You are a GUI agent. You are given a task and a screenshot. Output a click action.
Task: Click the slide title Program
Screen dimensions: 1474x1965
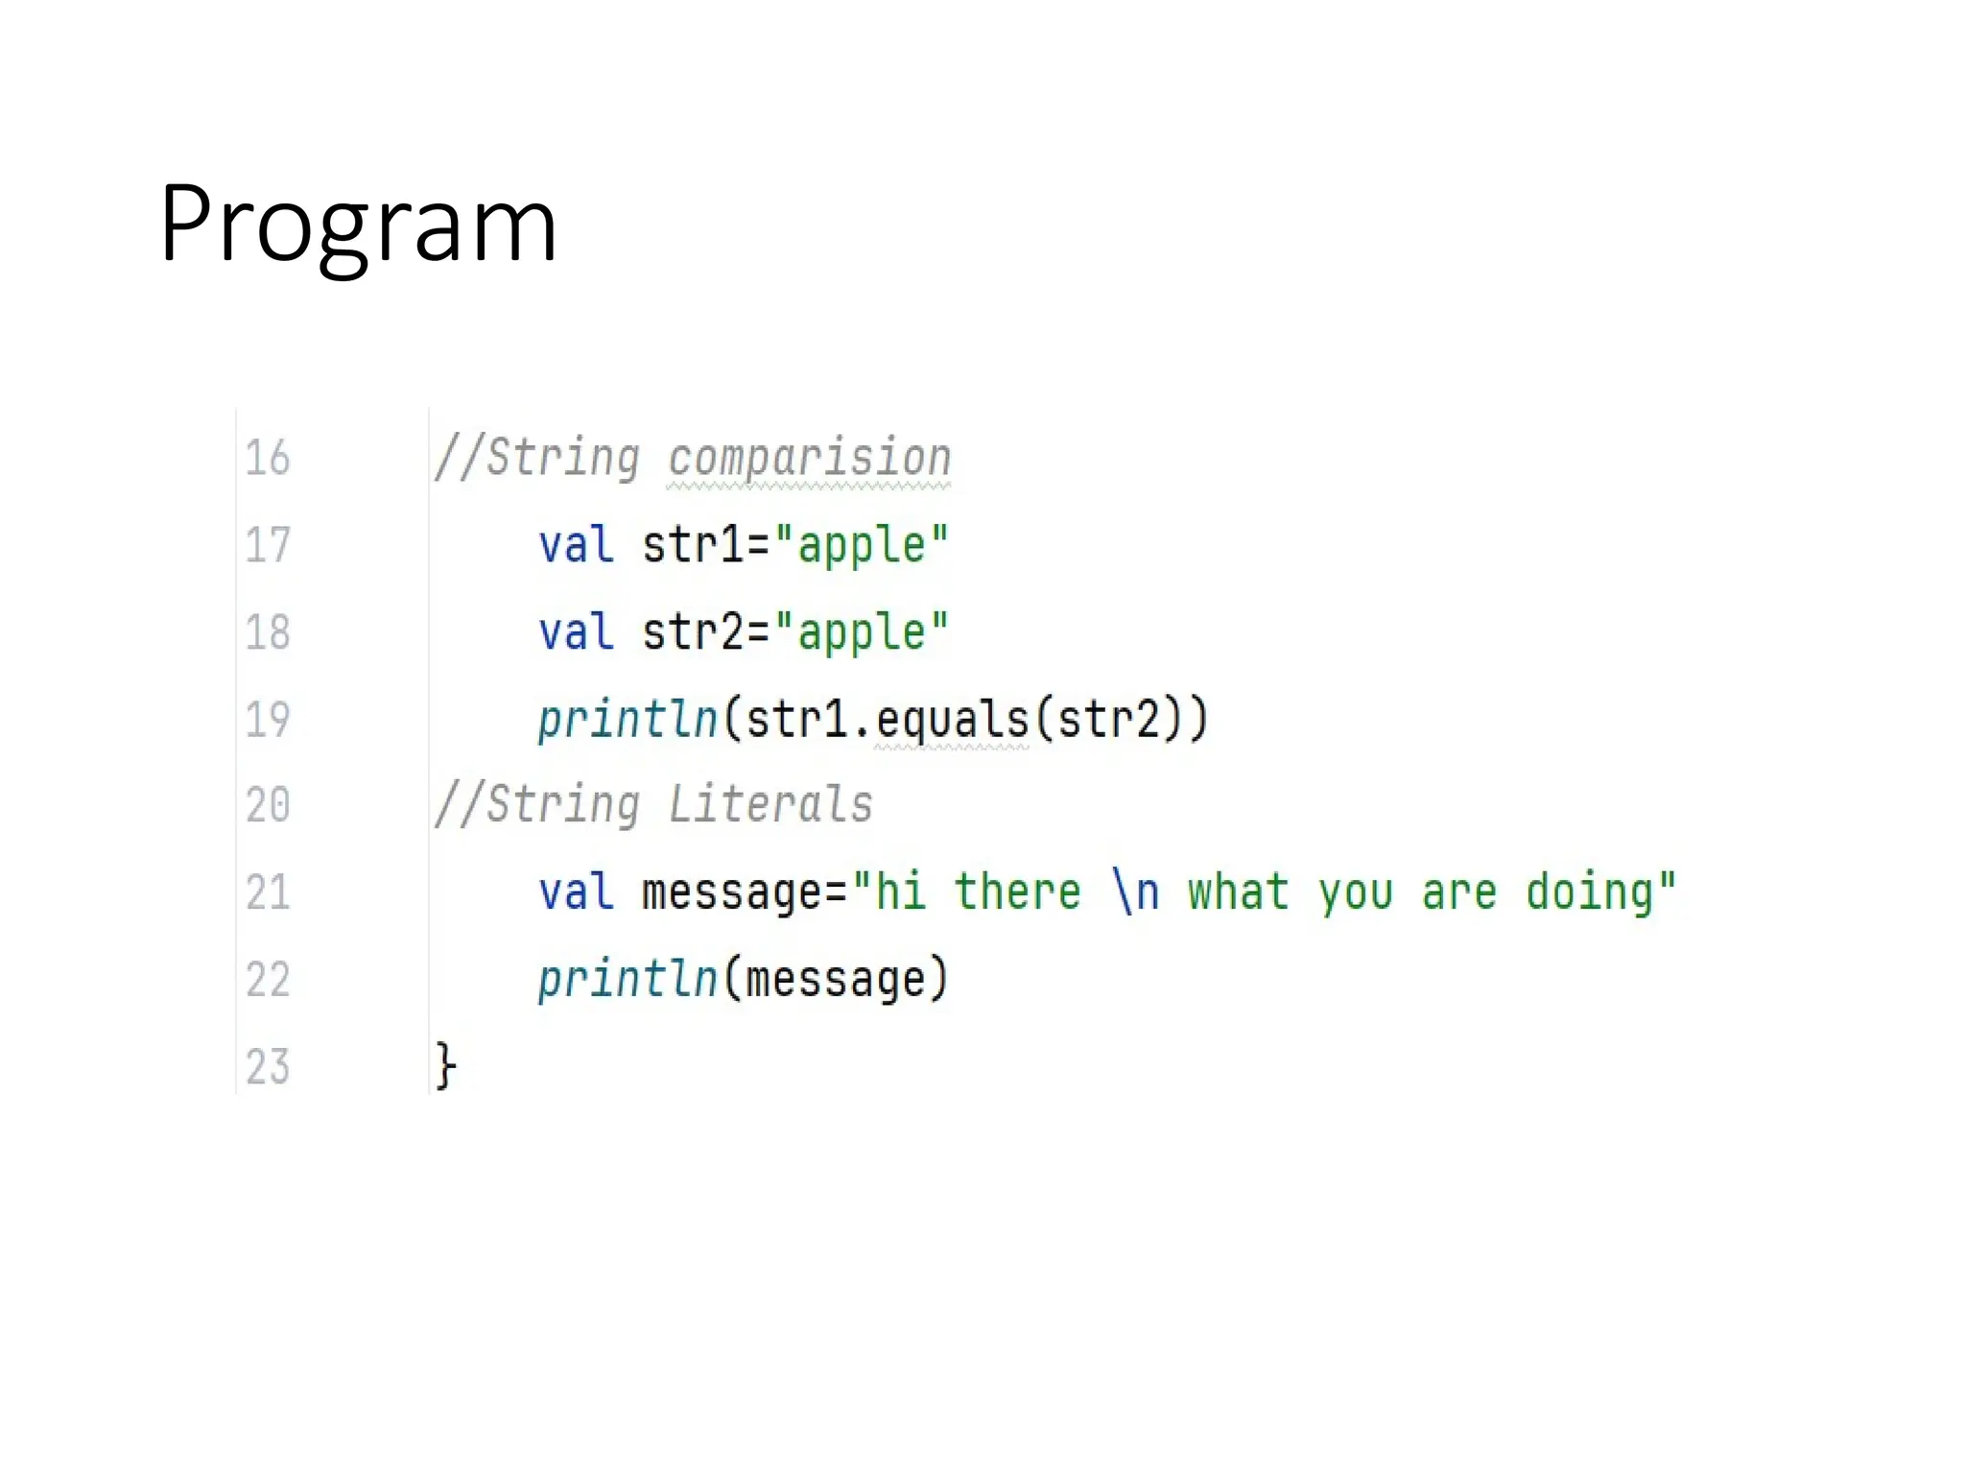point(358,226)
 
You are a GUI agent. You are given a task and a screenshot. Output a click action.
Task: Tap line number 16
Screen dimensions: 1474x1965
point(267,458)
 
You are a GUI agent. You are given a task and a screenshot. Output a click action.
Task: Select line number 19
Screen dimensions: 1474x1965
point(267,720)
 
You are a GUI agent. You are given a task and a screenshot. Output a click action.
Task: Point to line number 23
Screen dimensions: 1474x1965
point(267,1067)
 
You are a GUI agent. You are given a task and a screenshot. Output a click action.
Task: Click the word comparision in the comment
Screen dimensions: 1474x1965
point(809,458)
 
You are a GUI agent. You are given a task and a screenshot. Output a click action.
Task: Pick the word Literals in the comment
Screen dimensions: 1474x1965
point(769,804)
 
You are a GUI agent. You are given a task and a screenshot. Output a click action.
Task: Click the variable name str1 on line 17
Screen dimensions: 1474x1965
point(693,545)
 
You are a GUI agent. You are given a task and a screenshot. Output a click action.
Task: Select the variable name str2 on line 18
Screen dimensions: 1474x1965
point(693,632)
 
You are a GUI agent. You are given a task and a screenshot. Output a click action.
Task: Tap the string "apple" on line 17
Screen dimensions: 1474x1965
point(861,545)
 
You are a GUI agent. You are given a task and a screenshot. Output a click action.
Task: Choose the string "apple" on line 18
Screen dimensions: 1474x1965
point(861,632)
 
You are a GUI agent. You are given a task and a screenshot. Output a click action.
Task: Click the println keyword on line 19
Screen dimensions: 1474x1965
point(627,720)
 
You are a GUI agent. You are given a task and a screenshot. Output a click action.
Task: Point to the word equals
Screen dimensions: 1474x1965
point(952,720)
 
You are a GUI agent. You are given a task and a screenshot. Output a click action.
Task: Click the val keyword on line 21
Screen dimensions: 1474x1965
point(576,892)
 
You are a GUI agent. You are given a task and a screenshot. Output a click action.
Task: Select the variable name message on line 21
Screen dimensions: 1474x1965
point(732,892)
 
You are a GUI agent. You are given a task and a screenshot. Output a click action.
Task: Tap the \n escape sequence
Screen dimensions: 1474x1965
point(1136,892)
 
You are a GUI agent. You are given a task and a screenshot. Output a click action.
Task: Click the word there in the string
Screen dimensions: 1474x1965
point(1017,892)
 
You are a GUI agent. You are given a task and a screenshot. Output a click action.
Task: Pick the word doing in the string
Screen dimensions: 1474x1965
point(1590,892)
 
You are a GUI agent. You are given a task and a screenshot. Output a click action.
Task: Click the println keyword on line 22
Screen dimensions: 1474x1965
point(627,980)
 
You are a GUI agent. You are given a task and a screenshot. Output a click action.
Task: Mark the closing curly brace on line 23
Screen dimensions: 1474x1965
point(445,1066)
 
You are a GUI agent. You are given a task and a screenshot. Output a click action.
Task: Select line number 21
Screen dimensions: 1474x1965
point(267,892)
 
